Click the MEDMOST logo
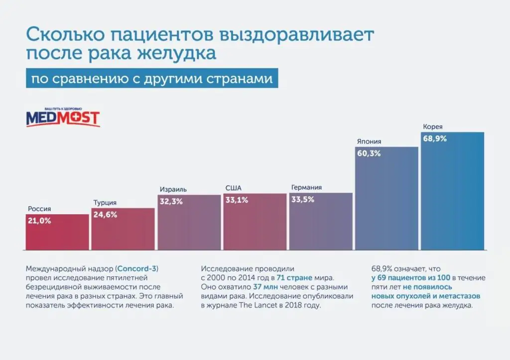click(x=63, y=118)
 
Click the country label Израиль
click(x=173, y=189)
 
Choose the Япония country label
click(x=368, y=141)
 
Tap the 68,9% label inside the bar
click(x=435, y=139)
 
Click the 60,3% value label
click(x=369, y=153)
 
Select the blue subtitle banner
click(x=152, y=79)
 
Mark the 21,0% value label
click(x=39, y=221)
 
